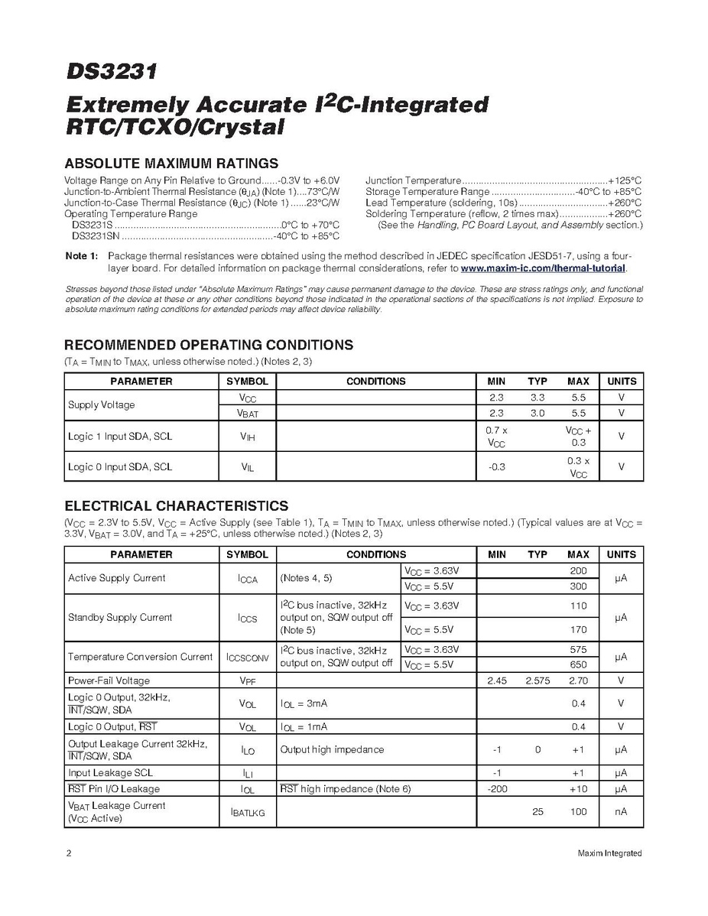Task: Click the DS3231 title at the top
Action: click(x=111, y=73)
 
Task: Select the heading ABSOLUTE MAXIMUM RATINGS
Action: click(x=171, y=163)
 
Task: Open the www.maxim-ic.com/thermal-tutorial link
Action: click(x=544, y=268)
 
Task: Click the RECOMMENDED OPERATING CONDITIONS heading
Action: click(x=209, y=345)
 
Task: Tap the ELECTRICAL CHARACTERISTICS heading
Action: click(x=177, y=505)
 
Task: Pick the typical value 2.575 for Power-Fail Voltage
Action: click(x=537, y=681)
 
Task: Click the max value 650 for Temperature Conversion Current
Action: click(x=578, y=664)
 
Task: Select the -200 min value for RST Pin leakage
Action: click(x=497, y=788)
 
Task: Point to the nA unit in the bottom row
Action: click(x=621, y=812)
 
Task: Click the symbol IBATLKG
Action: click(x=247, y=813)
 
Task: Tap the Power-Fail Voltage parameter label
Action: click(x=109, y=681)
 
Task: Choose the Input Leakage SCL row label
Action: click(x=110, y=773)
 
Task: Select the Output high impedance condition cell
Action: click(x=332, y=749)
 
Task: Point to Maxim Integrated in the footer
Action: click(x=609, y=853)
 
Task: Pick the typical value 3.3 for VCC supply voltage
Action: click(x=537, y=398)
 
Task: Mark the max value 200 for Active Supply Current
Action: click(x=578, y=571)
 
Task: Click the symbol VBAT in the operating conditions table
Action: click(x=247, y=414)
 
